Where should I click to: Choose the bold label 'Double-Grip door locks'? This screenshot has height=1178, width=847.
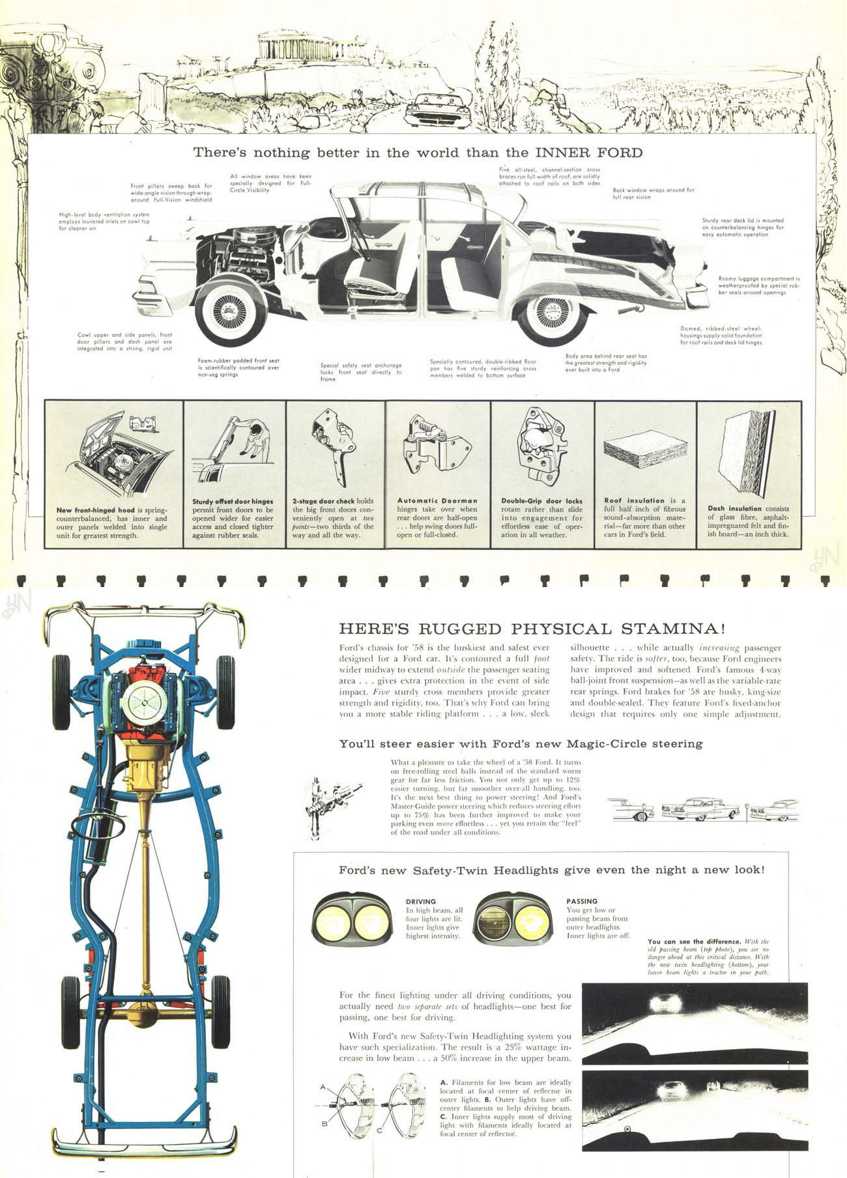point(541,501)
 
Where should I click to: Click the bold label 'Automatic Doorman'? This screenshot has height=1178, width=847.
point(437,501)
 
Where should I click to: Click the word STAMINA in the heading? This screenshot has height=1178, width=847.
point(672,629)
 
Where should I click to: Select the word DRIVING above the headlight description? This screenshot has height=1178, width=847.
point(421,902)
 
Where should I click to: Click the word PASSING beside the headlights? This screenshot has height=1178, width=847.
point(582,901)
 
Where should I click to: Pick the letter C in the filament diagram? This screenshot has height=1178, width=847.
point(379,1130)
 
